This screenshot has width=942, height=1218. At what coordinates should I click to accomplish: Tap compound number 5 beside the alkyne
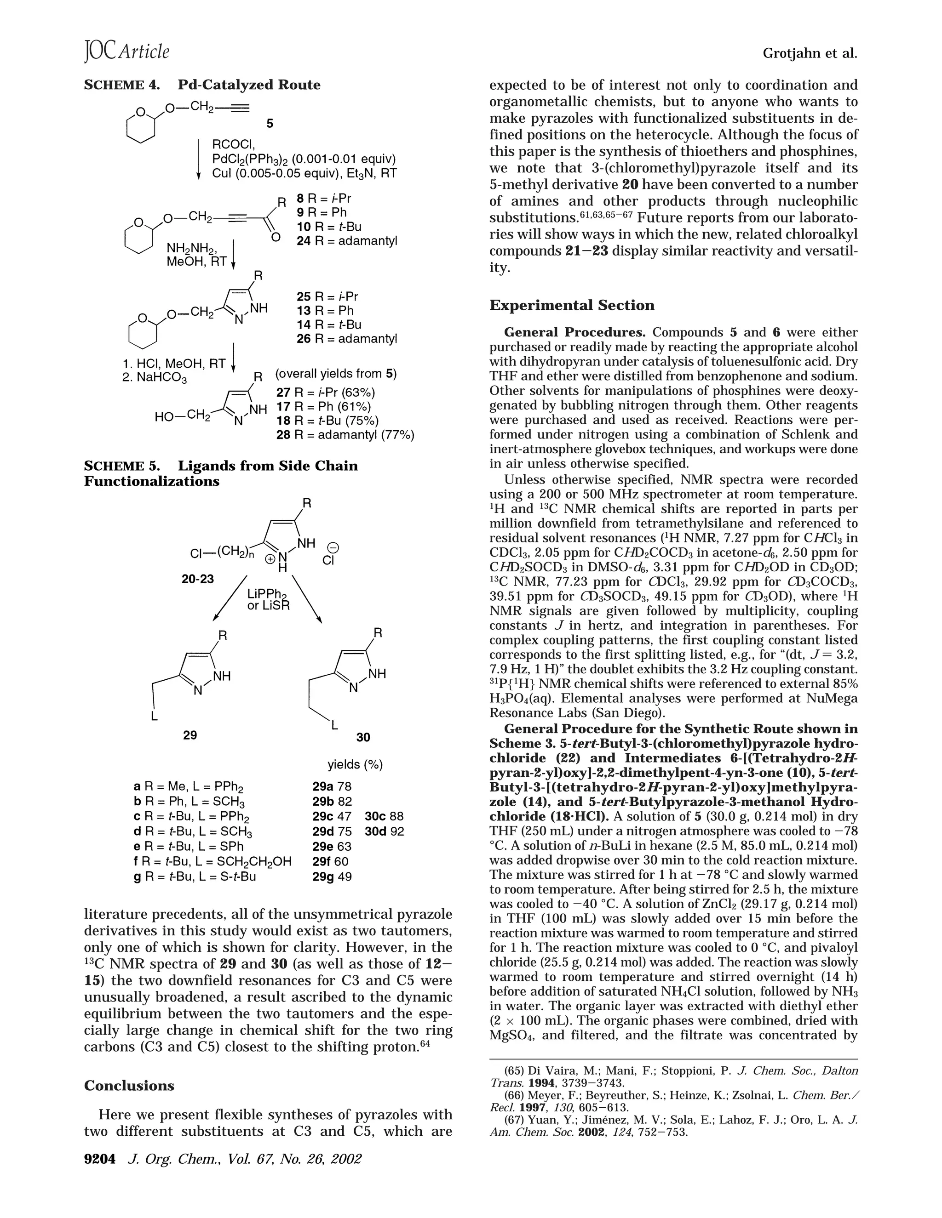coord(270,124)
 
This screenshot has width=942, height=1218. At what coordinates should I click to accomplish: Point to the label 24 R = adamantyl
coord(346,241)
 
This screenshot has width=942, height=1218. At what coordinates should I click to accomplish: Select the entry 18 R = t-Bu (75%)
coord(327,421)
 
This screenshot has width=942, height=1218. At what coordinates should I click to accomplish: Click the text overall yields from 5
coord(336,374)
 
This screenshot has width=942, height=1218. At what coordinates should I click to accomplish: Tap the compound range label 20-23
coord(197,579)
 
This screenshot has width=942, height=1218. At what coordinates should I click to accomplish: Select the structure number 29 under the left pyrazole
coord(190,735)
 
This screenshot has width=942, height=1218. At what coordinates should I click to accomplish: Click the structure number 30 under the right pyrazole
coord(363,737)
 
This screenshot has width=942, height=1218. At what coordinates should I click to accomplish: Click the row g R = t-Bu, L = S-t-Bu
coord(195,876)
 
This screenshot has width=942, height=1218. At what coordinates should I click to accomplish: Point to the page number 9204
coord(100,1159)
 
